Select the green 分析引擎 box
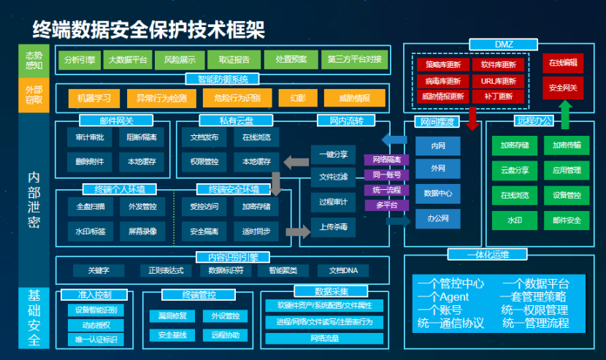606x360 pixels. click(80, 59)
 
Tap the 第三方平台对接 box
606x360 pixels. click(354, 59)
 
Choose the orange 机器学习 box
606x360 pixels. click(93, 98)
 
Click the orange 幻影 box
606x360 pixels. click(298, 98)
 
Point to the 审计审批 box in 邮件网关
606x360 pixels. click(89, 137)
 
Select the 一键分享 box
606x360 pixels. click(334, 154)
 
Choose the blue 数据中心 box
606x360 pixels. click(438, 193)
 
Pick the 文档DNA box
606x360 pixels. click(344, 271)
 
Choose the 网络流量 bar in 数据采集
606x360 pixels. click(323, 338)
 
